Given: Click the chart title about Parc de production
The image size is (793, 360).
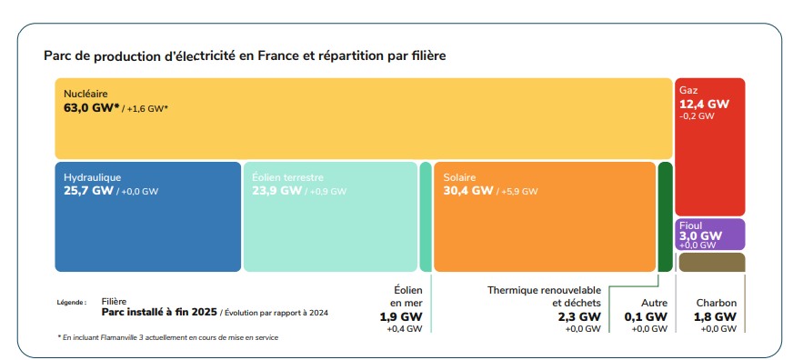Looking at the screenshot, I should click(x=244, y=56).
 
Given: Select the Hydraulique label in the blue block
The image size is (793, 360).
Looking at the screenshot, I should click(x=93, y=177).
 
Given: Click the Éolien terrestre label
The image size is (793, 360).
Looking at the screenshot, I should click(x=287, y=177).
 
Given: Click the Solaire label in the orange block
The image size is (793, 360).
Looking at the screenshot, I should click(x=460, y=177).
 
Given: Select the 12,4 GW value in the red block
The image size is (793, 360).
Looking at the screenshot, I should click(x=704, y=105).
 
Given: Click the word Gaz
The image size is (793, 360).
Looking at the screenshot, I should click(x=688, y=90).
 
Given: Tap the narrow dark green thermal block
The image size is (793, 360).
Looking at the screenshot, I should click(x=665, y=216).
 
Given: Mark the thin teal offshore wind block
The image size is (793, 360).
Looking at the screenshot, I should click(x=425, y=216).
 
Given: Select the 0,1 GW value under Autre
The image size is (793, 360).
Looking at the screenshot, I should click(x=646, y=316).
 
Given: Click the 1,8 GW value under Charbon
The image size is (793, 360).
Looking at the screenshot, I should click(x=716, y=316).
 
